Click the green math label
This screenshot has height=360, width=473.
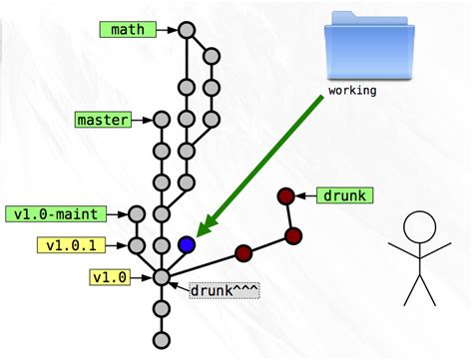pyautogui.click(x=127, y=30)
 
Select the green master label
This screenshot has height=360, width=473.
pyautogui.click(x=103, y=121)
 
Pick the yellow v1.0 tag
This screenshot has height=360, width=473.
pyautogui.click(x=108, y=276)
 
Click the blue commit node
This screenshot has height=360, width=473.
pyautogui.click(x=186, y=244)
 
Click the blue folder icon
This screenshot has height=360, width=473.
pyautogui.click(x=369, y=51)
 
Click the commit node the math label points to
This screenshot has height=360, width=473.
pyautogui.click(x=186, y=30)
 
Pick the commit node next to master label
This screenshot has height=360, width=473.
pyautogui.click(x=161, y=121)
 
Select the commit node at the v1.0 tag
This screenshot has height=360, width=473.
pyautogui.click(x=161, y=276)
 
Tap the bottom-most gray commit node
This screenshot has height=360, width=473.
pyautogui.click(x=161, y=340)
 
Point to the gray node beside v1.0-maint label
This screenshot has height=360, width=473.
pyautogui.click(x=137, y=213)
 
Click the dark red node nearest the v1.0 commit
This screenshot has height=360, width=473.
pyautogui.click(x=242, y=252)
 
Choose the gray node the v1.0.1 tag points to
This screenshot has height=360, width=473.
pyautogui.click(x=137, y=244)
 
